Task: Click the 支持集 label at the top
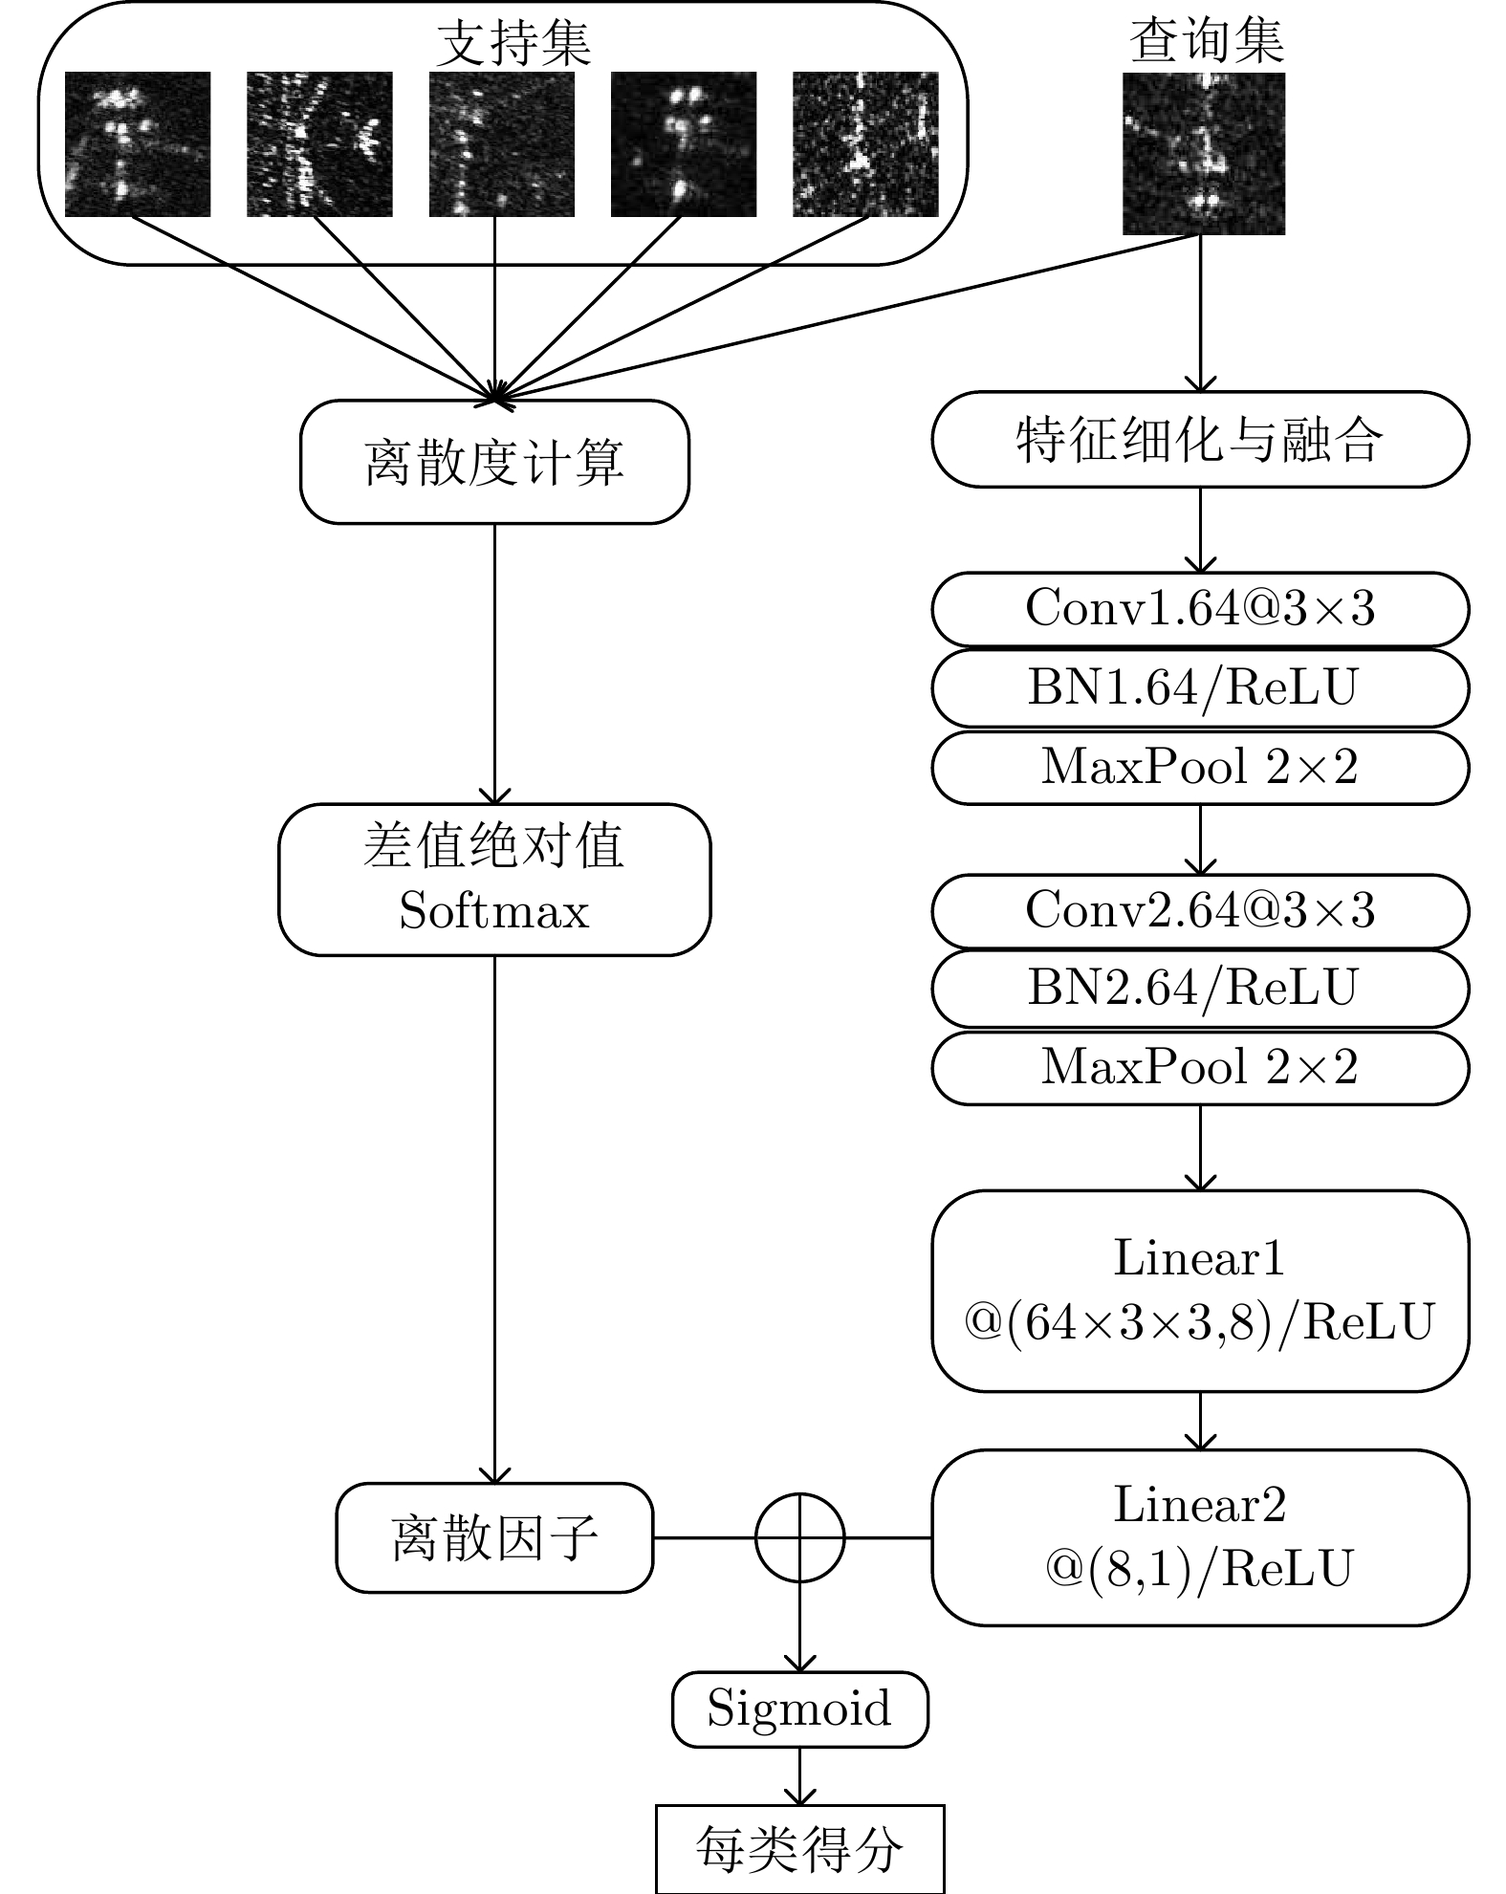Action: coord(513,44)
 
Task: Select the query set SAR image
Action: coord(1203,153)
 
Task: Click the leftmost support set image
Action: coord(138,144)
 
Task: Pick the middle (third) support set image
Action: coord(501,144)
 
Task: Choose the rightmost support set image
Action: coord(865,144)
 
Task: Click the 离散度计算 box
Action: coord(494,462)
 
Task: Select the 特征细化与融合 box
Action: coord(1200,440)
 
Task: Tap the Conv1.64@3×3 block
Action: coord(1200,609)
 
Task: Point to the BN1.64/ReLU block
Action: coord(1200,688)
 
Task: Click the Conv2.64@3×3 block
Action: coord(1200,910)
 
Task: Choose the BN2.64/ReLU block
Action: coord(1200,989)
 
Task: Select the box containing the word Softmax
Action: coord(494,880)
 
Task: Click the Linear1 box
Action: coord(1200,1290)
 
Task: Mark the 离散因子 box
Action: coord(494,1537)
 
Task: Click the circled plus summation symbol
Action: coord(800,1537)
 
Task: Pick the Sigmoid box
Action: coord(800,1709)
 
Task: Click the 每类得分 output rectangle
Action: coord(800,1849)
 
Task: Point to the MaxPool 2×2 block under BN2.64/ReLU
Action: coord(1200,1067)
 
